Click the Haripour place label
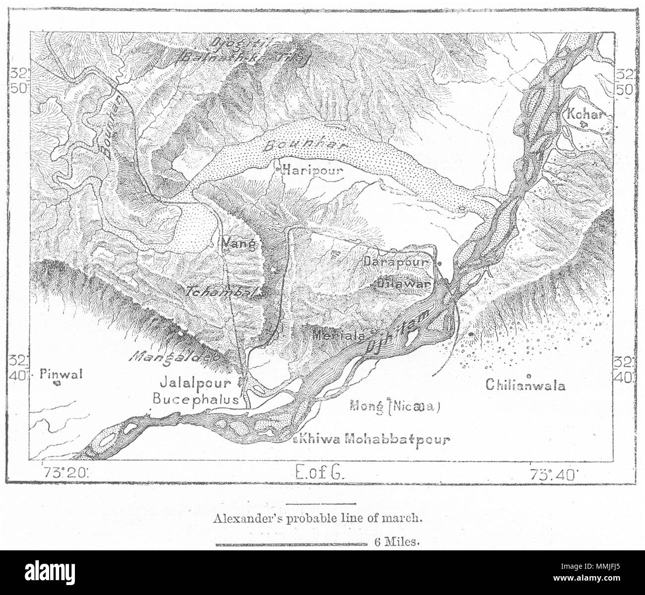coord(313,171)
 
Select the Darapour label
coord(396,261)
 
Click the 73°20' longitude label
coord(64,473)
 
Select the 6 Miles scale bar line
coord(290,544)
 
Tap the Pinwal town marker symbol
coord(57,383)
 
